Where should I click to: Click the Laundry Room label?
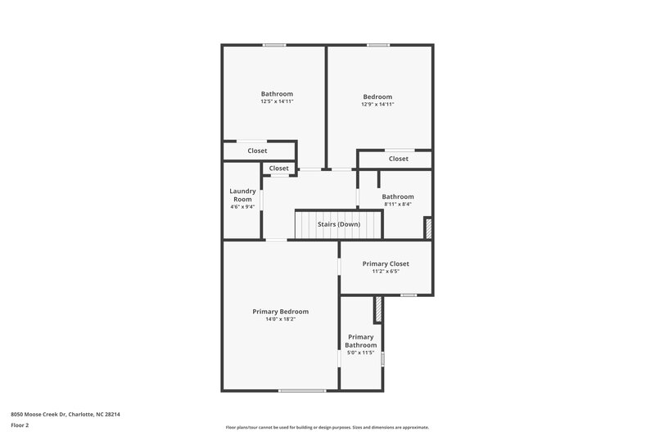tap(242, 195)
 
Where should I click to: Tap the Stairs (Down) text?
tap(338, 224)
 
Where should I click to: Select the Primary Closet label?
tap(386, 263)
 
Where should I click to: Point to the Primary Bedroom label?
tap(280, 312)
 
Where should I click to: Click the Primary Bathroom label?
tap(360, 341)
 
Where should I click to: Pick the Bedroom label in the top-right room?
tap(377, 97)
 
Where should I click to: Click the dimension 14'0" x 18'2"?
tap(280, 320)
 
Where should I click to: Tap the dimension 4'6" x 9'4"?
tap(242, 207)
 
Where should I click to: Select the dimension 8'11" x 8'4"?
tap(397, 205)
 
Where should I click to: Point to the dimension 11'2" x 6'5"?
tap(386, 272)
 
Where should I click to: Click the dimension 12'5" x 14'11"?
tap(277, 101)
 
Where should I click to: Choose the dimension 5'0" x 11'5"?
tap(360, 353)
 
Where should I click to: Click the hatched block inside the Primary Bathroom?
tap(377, 310)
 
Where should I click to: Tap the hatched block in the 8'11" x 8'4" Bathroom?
tap(427, 228)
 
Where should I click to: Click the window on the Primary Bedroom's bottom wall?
tap(302, 391)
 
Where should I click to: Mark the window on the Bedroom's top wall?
tap(377, 45)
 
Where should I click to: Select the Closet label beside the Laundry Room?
tap(279, 169)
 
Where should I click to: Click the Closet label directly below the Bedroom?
tap(399, 159)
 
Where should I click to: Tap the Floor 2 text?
tap(19, 425)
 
